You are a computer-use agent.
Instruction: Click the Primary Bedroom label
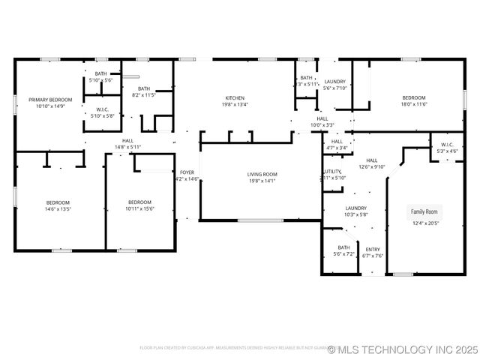50,100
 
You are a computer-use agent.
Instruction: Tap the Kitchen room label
235,97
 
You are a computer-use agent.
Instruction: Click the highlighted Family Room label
424,211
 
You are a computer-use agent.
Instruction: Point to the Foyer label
187,172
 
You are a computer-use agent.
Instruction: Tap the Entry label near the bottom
373,249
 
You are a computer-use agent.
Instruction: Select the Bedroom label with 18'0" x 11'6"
413,97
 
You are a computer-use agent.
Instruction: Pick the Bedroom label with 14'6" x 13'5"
58,202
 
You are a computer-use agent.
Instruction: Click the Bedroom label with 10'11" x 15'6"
139,202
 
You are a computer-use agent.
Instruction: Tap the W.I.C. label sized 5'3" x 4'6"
447,145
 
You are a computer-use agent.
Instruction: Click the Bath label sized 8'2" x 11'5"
143,88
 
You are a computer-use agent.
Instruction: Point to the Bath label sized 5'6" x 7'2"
343,247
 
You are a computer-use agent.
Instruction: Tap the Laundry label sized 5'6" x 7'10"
334,81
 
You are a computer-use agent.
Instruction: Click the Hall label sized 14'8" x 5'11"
127,140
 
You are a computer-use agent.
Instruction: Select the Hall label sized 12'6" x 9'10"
372,160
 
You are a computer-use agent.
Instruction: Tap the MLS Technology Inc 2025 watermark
403,349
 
